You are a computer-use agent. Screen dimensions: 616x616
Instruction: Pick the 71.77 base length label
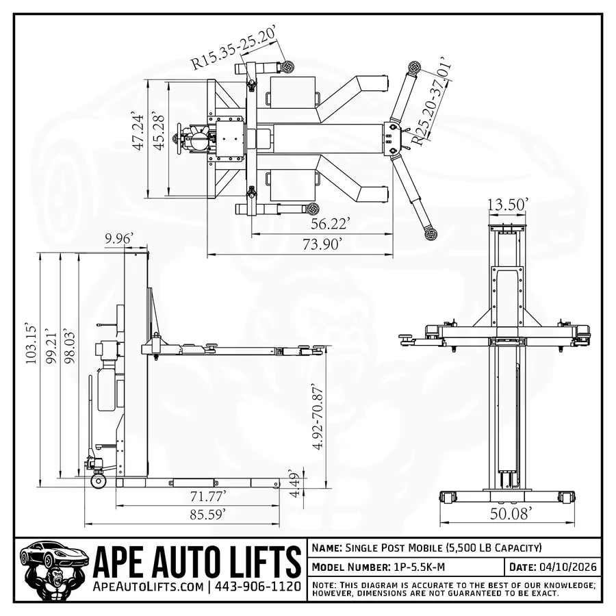(203, 495)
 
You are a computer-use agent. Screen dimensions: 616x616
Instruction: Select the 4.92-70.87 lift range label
(318, 416)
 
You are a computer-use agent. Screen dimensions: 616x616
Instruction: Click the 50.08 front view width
(509, 513)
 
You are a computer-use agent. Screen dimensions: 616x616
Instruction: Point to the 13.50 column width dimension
(509, 205)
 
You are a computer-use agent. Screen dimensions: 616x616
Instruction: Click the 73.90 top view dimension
(317, 245)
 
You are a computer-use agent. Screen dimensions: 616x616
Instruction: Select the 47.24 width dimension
(139, 131)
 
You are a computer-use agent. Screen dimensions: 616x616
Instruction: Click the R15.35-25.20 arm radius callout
(233, 48)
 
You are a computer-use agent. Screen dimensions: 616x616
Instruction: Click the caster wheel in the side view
(99, 480)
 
